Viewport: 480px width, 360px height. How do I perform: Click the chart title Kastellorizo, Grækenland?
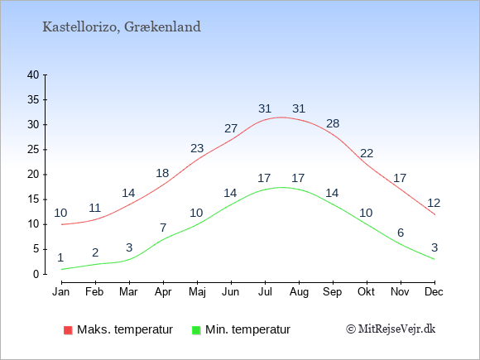122,27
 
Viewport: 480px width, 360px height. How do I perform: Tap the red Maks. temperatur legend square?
68,330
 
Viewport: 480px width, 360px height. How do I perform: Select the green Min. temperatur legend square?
196,330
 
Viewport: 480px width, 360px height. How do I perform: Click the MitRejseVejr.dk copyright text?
391,329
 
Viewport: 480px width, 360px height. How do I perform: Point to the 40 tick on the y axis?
33,74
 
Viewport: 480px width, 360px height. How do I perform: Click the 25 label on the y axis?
33,150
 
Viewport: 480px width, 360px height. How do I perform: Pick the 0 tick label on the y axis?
36,274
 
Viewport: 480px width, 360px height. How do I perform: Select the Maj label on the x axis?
197,292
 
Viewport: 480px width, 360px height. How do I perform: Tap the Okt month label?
366,292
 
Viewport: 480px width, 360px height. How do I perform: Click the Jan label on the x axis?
61,292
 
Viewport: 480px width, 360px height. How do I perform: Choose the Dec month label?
434,292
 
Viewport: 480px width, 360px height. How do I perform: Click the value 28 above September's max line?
333,123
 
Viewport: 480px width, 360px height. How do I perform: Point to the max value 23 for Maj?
197,148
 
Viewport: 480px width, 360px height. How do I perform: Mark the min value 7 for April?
163,228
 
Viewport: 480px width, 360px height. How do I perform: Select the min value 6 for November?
401,233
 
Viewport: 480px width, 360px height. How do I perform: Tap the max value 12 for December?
434,203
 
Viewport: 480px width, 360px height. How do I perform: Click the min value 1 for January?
60,257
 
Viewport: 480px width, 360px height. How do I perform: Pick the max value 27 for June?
231,128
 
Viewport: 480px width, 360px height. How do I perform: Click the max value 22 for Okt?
367,153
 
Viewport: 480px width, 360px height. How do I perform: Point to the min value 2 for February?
95,253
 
